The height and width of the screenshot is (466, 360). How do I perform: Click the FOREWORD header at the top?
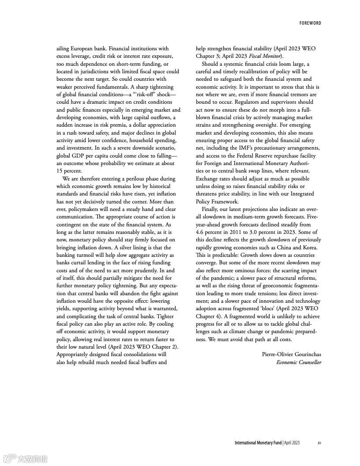[x=310, y=23]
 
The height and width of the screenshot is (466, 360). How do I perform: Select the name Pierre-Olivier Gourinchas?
[x=291, y=354]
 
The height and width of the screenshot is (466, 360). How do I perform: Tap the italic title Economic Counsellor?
[x=299, y=362]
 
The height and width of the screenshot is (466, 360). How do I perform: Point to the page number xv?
[x=319, y=443]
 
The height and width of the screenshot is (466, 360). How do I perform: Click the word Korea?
[x=309, y=248]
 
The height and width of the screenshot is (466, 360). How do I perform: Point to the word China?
[x=281, y=248]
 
